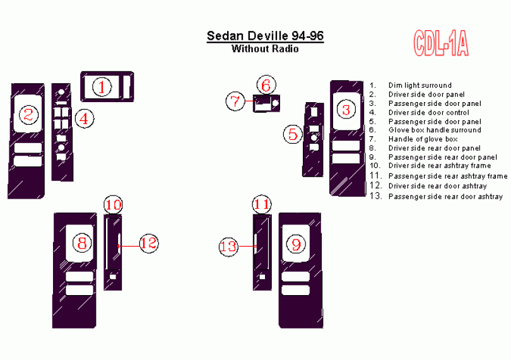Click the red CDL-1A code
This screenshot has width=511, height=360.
[441, 44]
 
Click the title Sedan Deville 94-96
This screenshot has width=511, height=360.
[265, 36]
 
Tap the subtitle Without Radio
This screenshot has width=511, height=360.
[265, 49]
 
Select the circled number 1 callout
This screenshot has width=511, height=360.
[102, 87]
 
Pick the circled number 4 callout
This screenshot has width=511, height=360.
[85, 119]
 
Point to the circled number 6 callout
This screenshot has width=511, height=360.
[266, 85]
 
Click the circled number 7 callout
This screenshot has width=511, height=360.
[235, 101]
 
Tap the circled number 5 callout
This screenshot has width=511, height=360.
[293, 134]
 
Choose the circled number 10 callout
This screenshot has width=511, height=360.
[113, 205]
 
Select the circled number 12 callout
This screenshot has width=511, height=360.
[149, 243]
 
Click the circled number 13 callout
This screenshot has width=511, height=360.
[228, 247]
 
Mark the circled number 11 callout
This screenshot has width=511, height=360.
[262, 205]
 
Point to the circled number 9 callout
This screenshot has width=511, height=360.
[296, 244]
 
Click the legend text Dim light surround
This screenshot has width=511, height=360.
[420, 85]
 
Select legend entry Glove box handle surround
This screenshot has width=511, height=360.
[435, 130]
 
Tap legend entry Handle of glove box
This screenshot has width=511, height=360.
[423, 139]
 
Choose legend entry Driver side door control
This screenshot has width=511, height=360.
[428, 112]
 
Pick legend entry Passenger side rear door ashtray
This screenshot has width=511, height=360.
[445, 197]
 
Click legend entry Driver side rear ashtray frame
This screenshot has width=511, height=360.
[440, 166]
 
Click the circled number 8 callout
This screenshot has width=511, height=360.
[82, 243]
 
